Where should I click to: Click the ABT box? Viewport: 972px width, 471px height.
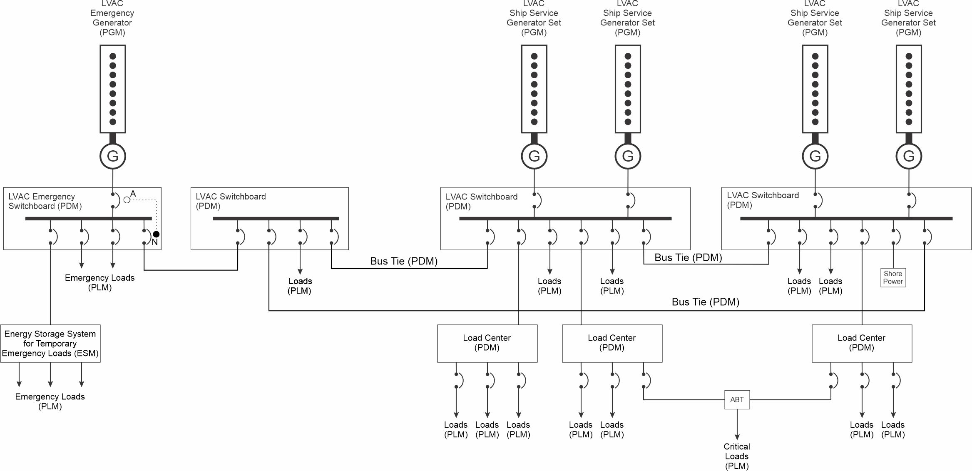737,399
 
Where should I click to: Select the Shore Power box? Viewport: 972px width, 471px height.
893,277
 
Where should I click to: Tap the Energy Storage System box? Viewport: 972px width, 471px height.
50,344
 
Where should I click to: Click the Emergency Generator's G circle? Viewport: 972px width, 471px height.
113,156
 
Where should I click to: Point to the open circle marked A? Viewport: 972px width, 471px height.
127,200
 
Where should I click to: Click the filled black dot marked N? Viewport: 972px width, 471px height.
156,234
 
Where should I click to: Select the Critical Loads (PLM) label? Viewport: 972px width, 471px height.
737,456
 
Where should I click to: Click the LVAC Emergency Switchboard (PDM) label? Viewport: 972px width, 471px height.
45,201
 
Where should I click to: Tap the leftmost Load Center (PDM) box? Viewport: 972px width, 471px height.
487,344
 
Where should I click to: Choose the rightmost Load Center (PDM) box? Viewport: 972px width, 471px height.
862,344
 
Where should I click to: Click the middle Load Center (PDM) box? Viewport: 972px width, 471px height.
612,344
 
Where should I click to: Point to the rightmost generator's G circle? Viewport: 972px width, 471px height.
909,156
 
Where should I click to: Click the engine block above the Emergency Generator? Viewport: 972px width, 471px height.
113,89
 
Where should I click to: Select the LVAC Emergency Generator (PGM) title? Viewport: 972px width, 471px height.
112,18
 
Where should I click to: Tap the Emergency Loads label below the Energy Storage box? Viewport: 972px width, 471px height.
50,401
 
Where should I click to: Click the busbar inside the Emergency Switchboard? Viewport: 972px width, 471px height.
89,219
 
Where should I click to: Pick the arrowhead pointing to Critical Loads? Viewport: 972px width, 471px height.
737,437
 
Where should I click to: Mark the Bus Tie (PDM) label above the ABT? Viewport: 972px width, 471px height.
706,302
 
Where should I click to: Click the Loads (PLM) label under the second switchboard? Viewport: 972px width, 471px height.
300,286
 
